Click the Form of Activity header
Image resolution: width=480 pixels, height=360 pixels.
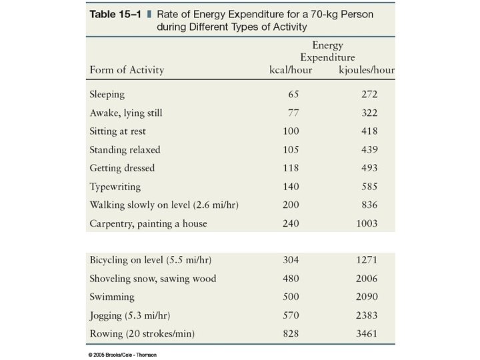click(127, 70)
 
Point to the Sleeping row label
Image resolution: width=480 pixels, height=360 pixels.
click(107, 95)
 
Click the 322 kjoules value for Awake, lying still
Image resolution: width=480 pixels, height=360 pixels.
click(369, 113)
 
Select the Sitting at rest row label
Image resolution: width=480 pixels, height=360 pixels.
click(118, 131)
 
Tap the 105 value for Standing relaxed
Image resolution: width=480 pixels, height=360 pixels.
click(291, 150)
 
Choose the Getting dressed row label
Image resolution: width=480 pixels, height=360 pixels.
click(122, 168)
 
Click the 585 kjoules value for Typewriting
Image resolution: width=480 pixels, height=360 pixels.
click(369, 187)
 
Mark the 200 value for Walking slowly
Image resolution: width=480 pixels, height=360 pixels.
click(291, 205)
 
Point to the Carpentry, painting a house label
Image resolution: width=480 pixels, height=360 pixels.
click(148, 223)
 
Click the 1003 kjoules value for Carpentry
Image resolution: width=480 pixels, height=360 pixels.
click(367, 223)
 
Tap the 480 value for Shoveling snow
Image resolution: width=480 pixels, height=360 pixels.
click(291, 278)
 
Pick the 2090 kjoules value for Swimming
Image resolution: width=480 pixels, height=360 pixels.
click(367, 296)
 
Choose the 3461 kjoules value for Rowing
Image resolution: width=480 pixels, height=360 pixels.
click(367, 333)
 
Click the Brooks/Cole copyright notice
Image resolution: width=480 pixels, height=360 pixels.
click(122, 354)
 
